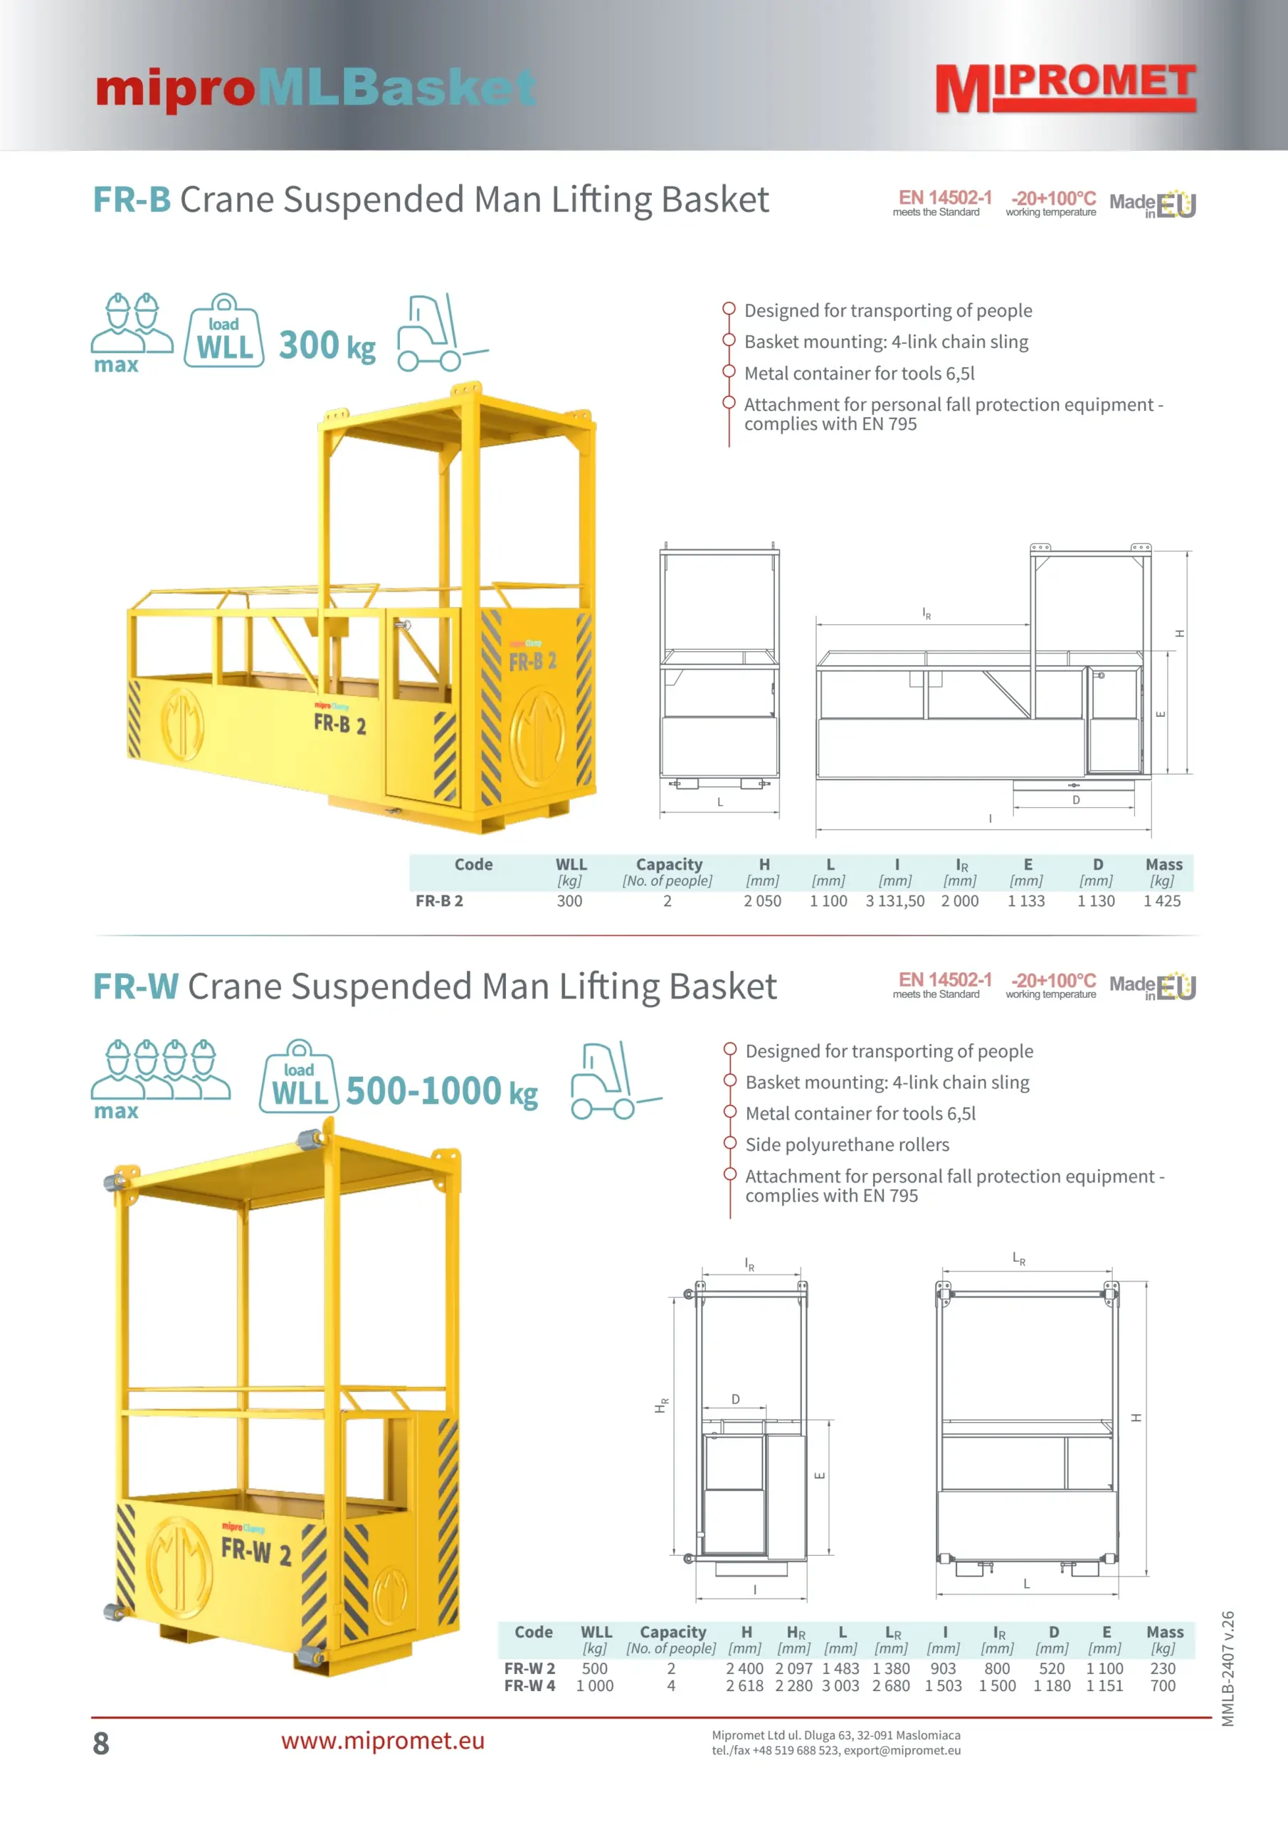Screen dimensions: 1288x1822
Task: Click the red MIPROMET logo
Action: point(1066,88)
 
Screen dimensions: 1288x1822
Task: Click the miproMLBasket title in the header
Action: point(316,88)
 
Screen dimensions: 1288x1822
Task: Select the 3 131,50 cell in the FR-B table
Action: point(895,901)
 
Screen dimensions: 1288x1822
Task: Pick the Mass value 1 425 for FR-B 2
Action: point(1162,901)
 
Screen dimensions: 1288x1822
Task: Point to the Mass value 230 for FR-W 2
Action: point(1163,1668)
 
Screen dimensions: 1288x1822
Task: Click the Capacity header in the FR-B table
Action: point(669,864)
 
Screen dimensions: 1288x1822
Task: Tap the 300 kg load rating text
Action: point(327,345)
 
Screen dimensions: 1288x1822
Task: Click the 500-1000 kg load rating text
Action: point(442,1091)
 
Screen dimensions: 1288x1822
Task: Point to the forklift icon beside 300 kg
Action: point(442,332)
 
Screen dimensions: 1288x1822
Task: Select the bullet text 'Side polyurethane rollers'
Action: point(848,1144)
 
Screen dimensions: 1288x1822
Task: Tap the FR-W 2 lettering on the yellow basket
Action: point(255,1551)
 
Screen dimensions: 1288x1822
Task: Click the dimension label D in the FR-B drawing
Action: point(1076,800)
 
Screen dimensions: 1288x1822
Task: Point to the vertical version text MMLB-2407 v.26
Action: point(1228,1668)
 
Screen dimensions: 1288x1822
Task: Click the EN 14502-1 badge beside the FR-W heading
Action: point(944,984)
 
